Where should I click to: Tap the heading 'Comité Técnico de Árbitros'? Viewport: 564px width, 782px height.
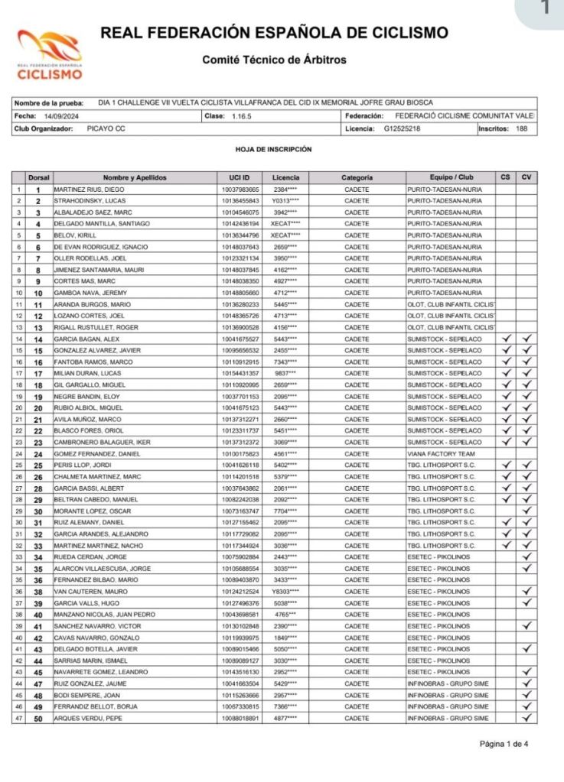pyautogui.click(x=274, y=60)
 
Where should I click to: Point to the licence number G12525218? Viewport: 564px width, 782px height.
pyautogui.click(x=402, y=128)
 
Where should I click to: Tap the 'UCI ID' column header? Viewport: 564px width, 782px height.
pyautogui.click(x=240, y=177)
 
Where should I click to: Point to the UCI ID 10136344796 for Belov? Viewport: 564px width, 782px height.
pyautogui.click(x=240, y=235)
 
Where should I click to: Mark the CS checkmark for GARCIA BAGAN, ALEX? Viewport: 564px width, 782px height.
pyautogui.click(x=505, y=338)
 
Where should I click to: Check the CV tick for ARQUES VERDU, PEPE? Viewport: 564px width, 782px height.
pyautogui.click(x=527, y=718)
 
